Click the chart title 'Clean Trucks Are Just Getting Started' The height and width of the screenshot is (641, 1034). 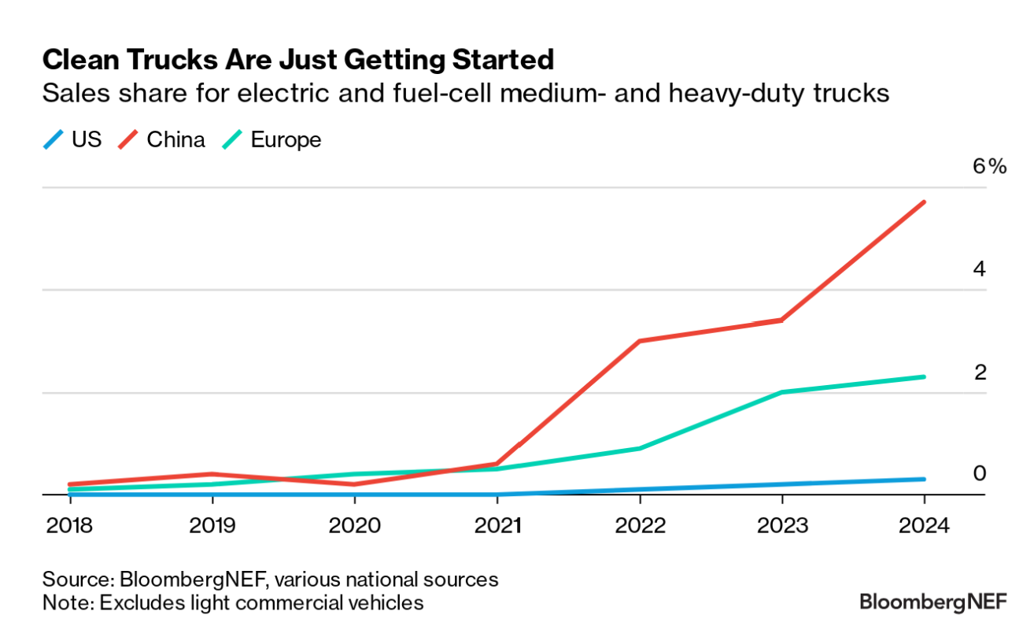point(298,60)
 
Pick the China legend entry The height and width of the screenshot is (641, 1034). point(163,140)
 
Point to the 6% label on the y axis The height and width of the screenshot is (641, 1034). point(988,166)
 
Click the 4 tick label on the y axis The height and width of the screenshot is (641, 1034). point(979,269)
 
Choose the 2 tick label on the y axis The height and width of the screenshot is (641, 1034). point(980,371)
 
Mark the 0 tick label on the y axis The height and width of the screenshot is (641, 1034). point(980,472)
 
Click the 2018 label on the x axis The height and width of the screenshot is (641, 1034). point(69,525)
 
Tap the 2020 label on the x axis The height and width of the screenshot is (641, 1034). point(354,525)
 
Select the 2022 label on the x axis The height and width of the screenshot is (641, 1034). point(639,525)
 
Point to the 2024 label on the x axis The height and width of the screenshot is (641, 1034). point(924,525)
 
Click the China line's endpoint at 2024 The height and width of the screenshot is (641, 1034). point(924,202)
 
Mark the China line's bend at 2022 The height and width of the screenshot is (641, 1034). point(639,341)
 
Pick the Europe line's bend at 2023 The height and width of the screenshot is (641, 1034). point(781,392)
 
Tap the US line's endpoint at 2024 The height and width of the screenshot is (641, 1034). point(924,479)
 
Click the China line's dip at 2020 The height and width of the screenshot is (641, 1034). point(354,484)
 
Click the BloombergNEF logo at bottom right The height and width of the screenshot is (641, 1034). point(932,602)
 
